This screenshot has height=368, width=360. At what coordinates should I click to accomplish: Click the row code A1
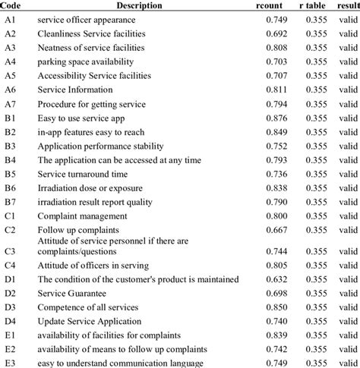point(11,20)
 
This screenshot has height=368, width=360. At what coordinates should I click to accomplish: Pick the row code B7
point(11,201)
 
